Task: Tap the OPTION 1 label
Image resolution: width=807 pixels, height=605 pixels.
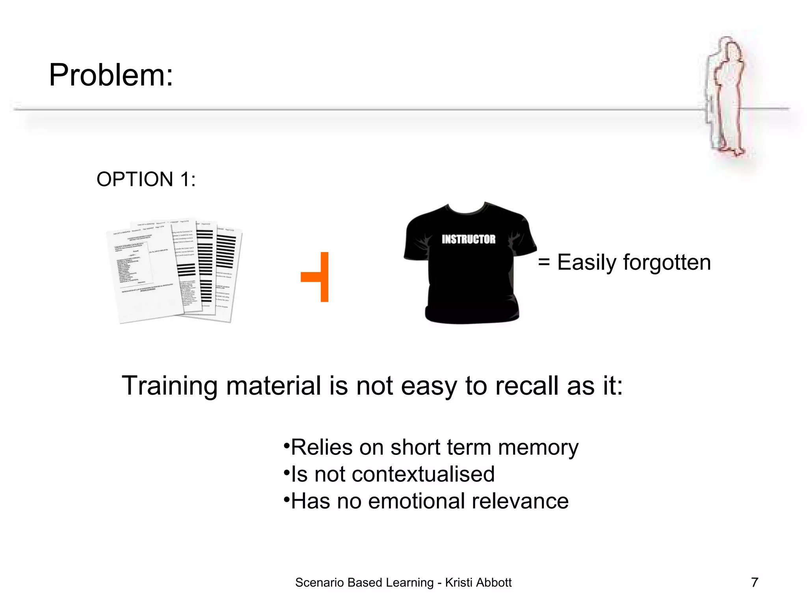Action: (x=146, y=179)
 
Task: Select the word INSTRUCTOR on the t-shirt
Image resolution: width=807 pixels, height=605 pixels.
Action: (x=468, y=239)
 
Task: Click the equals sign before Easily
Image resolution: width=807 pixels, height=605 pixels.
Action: (x=544, y=262)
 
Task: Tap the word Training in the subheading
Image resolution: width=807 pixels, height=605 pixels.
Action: (x=169, y=386)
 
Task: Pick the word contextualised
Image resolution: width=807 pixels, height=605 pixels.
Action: (x=423, y=474)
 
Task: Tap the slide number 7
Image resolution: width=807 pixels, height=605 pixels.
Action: (x=755, y=582)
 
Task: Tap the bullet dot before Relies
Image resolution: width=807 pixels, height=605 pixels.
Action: (x=286, y=446)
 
